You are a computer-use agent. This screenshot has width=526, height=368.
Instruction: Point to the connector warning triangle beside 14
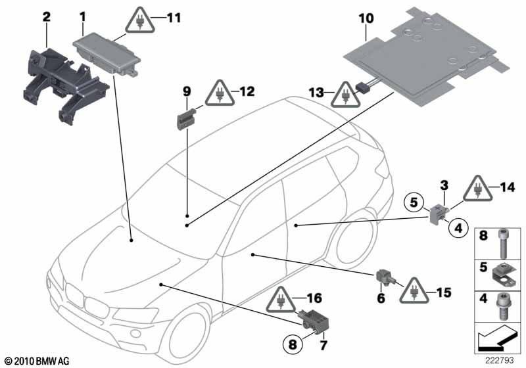pos(476,190)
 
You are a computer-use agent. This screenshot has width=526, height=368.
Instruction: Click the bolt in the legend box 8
pos(503,244)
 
